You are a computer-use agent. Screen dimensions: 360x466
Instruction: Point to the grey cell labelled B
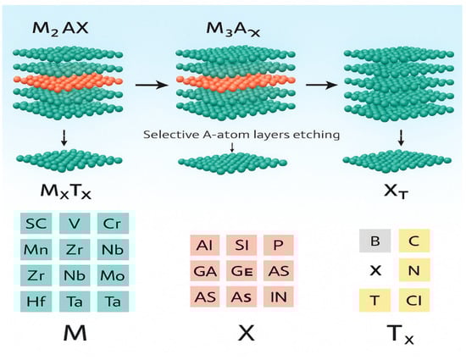[x=374, y=241]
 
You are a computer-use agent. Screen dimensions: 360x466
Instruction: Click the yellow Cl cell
[x=413, y=299]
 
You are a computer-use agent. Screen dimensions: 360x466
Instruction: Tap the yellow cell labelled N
[x=413, y=270]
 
